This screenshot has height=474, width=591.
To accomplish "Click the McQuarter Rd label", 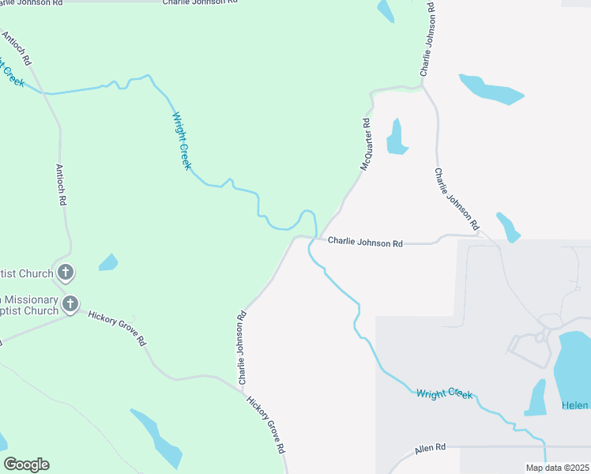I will pyautogui.click(x=366, y=145).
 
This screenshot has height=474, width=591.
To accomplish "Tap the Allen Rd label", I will pyautogui.click(x=430, y=447).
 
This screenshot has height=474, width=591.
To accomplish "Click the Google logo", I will pyautogui.click(x=27, y=465).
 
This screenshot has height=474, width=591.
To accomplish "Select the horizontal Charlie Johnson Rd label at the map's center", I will pyautogui.click(x=365, y=243).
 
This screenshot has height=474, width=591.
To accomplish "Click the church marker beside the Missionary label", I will pyautogui.click(x=71, y=303).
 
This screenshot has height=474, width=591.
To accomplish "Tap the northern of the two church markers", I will pyautogui.click(x=66, y=273).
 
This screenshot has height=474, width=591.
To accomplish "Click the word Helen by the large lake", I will pyautogui.click(x=575, y=405).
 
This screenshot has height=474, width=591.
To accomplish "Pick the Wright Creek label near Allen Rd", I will pyautogui.click(x=444, y=393).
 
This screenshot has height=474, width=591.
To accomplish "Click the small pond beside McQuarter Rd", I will pyautogui.click(x=396, y=137).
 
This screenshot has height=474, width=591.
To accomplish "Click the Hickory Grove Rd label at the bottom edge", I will pyautogui.click(x=266, y=424).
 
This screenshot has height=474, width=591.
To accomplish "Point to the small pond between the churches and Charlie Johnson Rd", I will pyautogui.click(x=108, y=262).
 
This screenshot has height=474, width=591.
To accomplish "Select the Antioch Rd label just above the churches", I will pyautogui.click(x=60, y=184).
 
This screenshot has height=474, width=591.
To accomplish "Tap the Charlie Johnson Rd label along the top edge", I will pyautogui.click(x=199, y=3).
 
